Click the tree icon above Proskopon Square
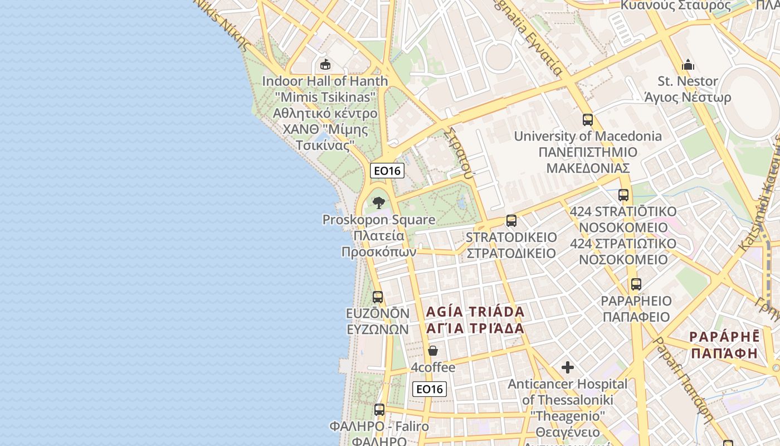pos(379,202)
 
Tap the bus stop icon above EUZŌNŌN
pos(378,297)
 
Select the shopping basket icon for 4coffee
pos(433,351)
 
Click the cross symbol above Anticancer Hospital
pos(568,367)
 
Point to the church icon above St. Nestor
pos(688,65)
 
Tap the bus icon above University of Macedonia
pos(588,119)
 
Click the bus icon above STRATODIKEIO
pos(511,221)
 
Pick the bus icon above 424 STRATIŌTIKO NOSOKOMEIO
pos(623,195)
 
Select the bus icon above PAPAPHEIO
pos(636,284)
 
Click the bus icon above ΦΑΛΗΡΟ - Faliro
pos(379,410)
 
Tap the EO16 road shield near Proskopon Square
pos(387,171)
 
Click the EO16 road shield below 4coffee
pos(430,389)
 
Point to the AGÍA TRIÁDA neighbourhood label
pos(475,312)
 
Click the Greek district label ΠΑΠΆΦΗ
pos(724,353)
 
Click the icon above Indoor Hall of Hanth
pos(325,65)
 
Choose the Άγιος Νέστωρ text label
pos(688,98)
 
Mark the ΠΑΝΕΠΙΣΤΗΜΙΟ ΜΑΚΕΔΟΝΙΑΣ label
pos(588,160)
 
